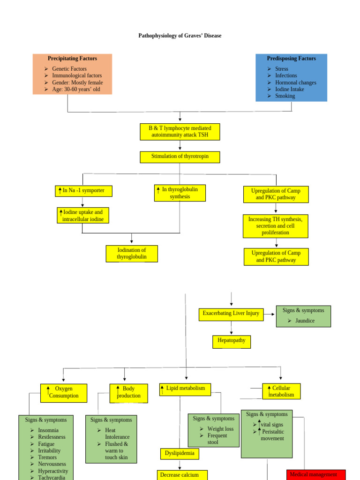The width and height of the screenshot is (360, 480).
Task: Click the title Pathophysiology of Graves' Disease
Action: click(180, 36)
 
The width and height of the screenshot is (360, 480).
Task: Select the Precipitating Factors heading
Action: click(72, 59)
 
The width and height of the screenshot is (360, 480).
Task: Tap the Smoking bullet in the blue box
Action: click(285, 96)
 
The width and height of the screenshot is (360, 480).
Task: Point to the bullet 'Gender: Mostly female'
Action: click(77, 82)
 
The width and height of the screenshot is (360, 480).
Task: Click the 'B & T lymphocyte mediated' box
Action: click(180, 132)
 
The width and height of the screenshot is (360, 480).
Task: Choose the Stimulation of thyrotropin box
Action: click(180, 157)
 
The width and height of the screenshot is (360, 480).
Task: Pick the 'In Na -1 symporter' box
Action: click(83, 191)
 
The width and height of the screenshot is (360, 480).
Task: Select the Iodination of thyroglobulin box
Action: click(132, 254)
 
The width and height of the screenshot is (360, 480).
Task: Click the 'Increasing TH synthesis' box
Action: click(276, 226)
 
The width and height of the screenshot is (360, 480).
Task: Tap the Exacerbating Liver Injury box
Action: click(231, 314)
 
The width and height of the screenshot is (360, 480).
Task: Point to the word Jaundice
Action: click(305, 321)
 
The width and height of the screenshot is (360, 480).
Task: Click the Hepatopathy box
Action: click(231, 341)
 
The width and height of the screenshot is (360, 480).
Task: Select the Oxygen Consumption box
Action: click(64, 393)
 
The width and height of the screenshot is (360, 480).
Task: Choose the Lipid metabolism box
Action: click(185, 389)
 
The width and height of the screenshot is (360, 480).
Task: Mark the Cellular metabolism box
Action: click(281, 391)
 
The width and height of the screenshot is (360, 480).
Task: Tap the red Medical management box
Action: click(315, 474)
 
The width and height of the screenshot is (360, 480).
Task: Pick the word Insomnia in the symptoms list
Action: click(48, 430)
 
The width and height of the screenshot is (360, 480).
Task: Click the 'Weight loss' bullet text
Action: click(220, 429)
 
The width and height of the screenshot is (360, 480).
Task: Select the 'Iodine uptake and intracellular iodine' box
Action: click(83, 216)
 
